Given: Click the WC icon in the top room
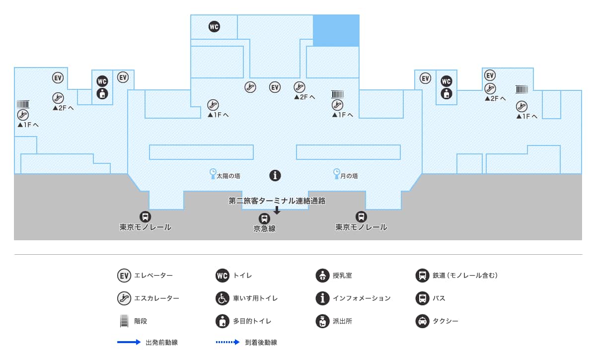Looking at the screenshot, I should pos(214,27).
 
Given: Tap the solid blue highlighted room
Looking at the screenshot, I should pos(336,30).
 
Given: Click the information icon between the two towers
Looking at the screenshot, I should pos(275,175).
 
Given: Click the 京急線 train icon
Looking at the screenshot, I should pos(264,218).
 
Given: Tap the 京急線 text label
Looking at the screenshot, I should pos(264,229).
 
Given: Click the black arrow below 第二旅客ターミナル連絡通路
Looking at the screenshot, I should pos(277,210).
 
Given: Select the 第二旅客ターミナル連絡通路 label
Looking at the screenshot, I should pos(277,201).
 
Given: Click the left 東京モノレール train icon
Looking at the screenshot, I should pos(146,217).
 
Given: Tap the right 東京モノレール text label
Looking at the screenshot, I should pos(361,227).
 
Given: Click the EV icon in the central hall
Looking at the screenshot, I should pos(275,87).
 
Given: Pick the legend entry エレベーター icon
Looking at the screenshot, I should pos(124,275).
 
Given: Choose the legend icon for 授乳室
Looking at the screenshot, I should pos(322,275).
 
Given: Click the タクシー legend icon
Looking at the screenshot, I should pos(422,321).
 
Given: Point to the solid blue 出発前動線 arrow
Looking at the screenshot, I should pos(130,343).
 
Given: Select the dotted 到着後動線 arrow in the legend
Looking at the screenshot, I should pos(227,343).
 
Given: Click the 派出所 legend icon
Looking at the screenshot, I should pos(322,321).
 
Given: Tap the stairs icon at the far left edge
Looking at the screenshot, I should pos(23,104).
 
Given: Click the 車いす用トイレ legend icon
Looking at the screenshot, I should pos(222,298).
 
